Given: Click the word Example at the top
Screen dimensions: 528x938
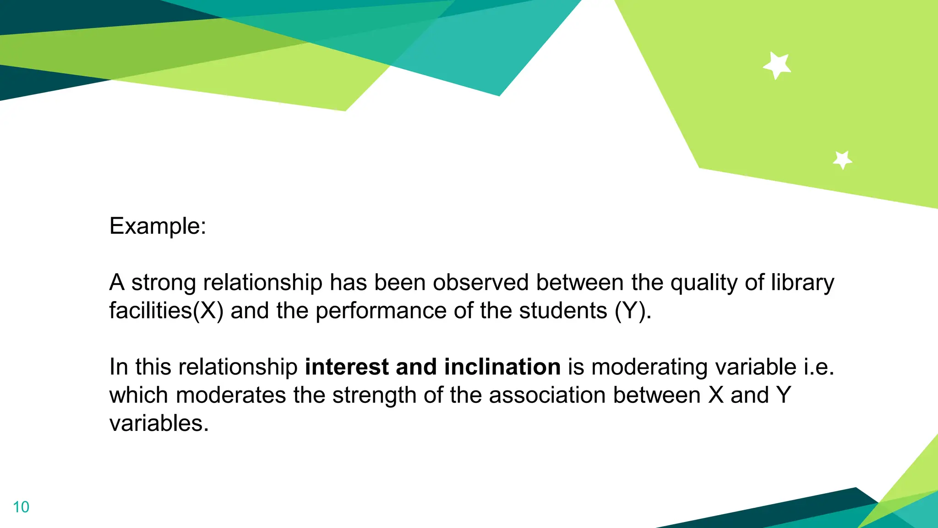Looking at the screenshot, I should click(x=157, y=226).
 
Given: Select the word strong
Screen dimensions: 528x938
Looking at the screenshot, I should click(x=164, y=282).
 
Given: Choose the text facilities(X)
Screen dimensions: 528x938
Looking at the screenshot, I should click(x=166, y=311).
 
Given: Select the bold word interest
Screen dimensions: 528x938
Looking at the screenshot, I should click(x=347, y=367).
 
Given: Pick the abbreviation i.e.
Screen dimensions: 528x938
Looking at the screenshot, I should click(x=819, y=367).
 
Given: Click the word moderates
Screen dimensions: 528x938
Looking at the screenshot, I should click(x=231, y=395).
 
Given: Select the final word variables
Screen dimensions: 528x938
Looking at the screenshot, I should click(x=159, y=423).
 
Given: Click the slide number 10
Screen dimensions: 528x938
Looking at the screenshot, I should click(x=21, y=507).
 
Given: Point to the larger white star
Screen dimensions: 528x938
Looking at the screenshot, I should click(x=777, y=65).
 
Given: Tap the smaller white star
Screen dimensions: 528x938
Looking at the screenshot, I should click(x=842, y=160).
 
